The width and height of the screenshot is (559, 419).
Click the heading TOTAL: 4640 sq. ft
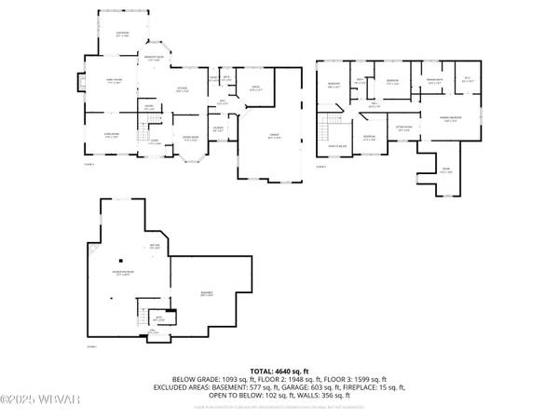[x=279, y=371]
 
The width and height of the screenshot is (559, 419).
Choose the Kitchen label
[x=184, y=90]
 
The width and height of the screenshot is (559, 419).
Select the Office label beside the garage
[x=254, y=89]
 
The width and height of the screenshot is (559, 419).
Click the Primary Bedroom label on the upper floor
[x=450, y=119]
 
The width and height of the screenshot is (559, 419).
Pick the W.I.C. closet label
[x=468, y=82]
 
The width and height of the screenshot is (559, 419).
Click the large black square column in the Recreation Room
[x=121, y=260]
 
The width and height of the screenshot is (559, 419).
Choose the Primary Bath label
[x=434, y=82]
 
